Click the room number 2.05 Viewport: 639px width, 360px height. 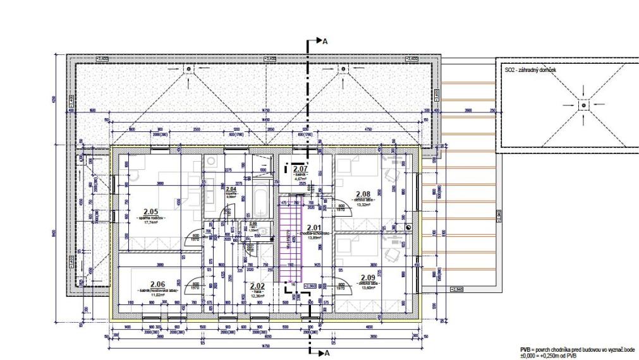150,212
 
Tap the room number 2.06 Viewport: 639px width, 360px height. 157,284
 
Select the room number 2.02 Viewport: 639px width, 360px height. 257,285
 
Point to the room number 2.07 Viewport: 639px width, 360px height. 299,169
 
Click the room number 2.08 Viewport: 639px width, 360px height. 363,195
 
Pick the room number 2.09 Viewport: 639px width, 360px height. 367,278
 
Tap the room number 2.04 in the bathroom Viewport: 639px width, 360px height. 231,189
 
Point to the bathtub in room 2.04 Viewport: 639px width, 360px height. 259,202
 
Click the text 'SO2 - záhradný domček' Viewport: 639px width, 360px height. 529,71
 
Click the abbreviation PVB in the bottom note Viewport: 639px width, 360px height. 525,348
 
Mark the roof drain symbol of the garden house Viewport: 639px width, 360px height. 583,104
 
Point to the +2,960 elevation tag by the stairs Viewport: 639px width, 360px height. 310,286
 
